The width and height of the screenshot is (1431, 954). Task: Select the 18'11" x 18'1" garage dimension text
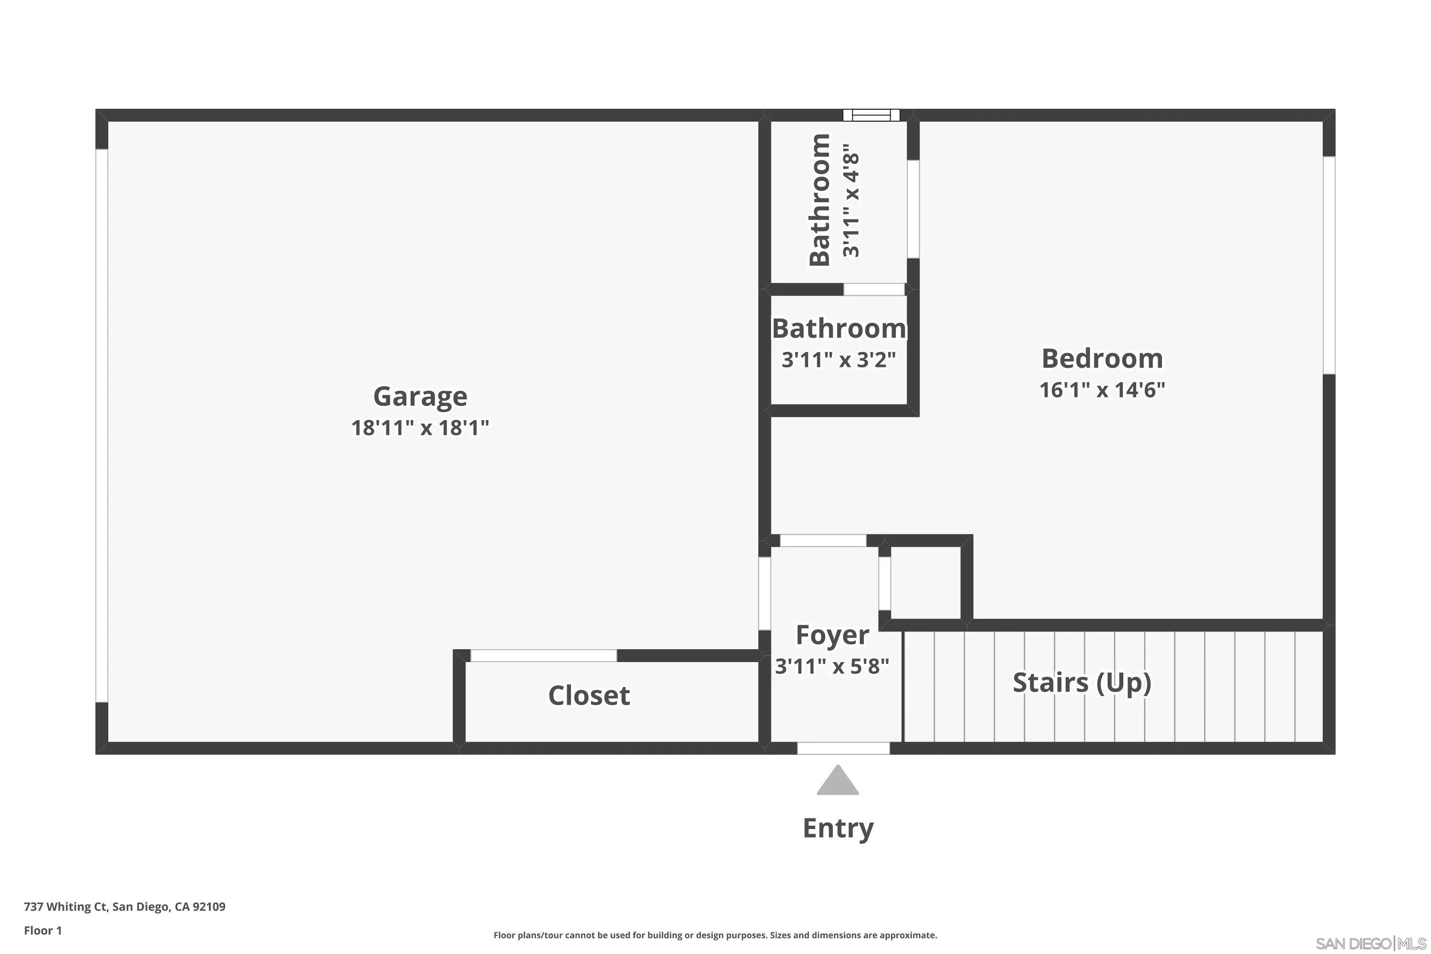click(420, 428)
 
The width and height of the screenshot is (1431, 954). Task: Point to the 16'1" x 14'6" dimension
click(1102, 389)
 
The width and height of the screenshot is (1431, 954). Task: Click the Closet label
click(588, 695)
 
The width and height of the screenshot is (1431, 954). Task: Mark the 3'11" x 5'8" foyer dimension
click(832, 666)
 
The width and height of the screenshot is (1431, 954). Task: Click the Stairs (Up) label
click(1081, 682)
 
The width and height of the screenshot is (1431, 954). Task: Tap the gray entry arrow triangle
click(838, 782)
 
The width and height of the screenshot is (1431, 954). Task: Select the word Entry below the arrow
click(838, 828)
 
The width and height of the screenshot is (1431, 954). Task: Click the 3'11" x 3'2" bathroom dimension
click(839, 360)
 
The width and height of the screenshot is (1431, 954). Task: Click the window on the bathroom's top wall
click(871, 115)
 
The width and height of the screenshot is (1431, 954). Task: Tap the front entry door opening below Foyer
click(843, 748)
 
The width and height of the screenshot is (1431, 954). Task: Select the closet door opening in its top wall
click(543, 655)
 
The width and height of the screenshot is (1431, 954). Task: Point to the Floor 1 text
click(42, 930)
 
